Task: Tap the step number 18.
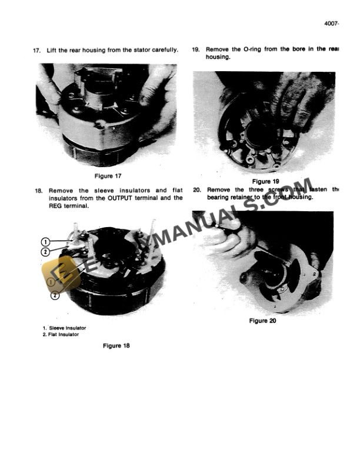(38, 191)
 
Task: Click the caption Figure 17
(108, 176)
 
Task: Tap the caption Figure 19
(265, 182)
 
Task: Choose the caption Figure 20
(262, 321)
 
